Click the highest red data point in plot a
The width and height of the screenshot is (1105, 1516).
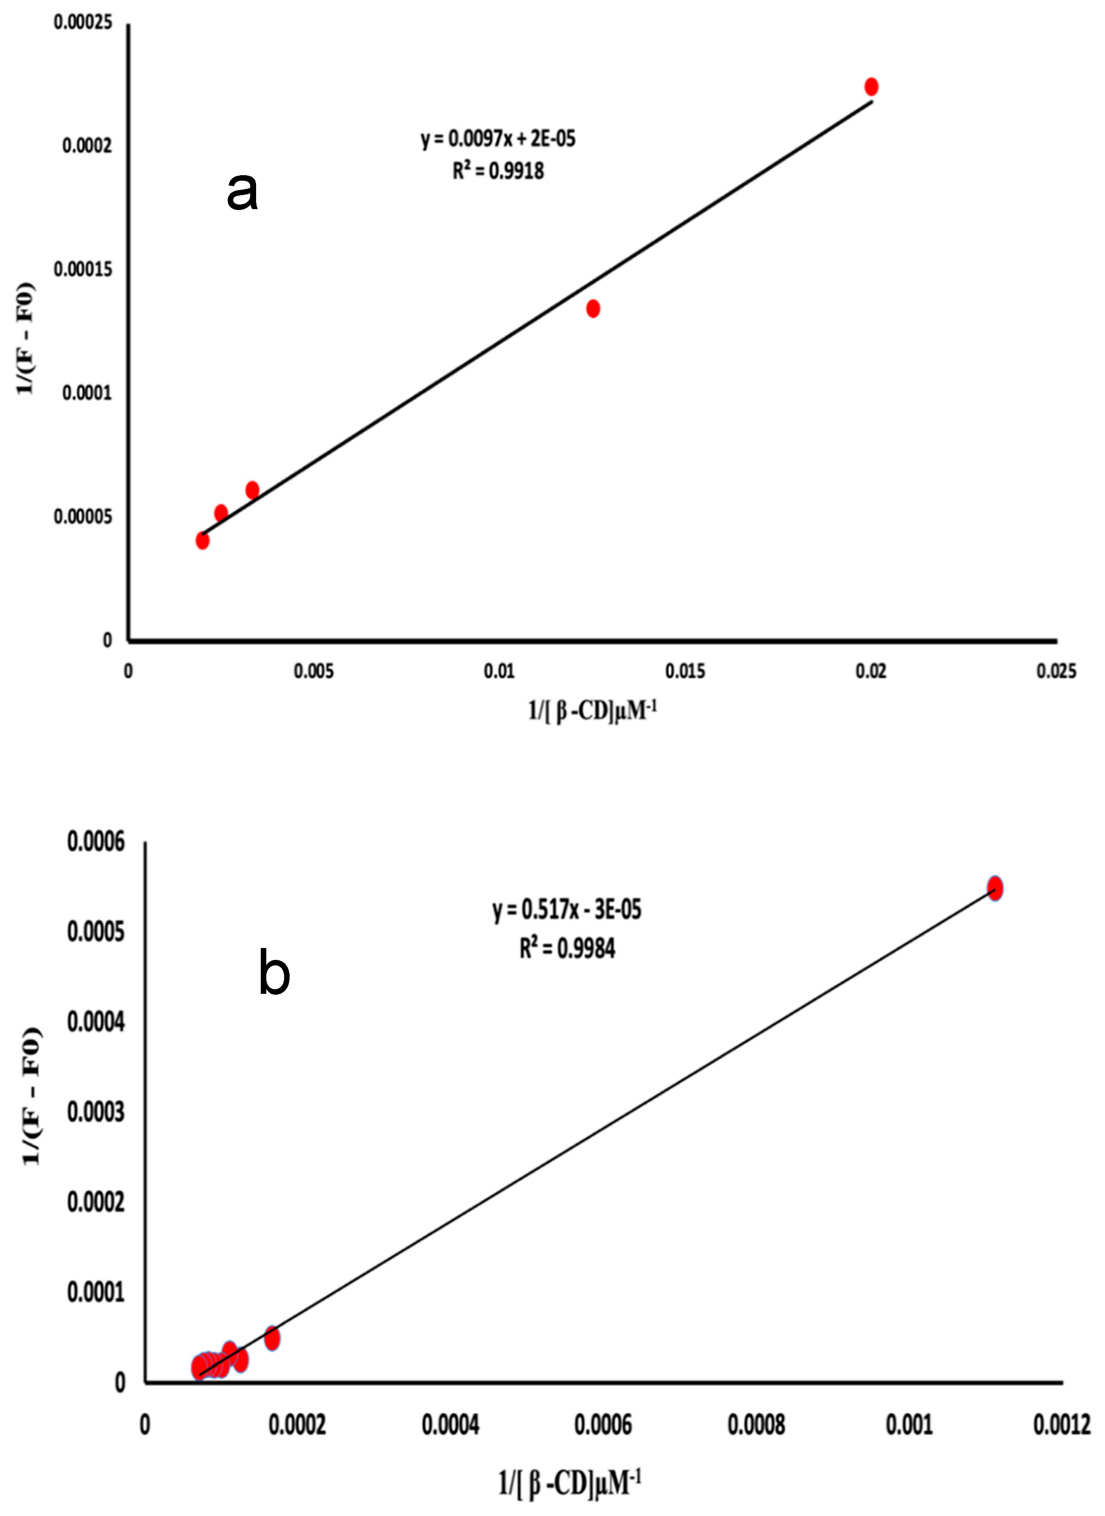coord(871,87)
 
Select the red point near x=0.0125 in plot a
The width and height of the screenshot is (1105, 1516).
coord(593,308)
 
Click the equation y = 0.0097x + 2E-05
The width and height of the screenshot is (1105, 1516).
coord(498,139)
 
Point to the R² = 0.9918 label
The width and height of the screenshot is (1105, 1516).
coord(498,171)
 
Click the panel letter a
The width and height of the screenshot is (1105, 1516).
coord(242,191)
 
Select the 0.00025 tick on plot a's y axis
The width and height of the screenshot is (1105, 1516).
coord(83,23)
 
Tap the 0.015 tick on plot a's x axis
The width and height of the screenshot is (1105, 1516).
coord(685,671)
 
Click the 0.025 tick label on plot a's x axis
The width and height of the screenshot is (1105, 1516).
coord(1056,671)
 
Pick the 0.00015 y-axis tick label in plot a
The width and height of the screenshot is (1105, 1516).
coord(83,270)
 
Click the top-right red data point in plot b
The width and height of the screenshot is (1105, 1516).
coord(995,889)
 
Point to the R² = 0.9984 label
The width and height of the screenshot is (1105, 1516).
coord(567,948)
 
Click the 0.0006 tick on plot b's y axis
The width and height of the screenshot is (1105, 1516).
coord(96,842)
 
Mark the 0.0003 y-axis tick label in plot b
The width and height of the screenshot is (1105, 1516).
coord(96,1112)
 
